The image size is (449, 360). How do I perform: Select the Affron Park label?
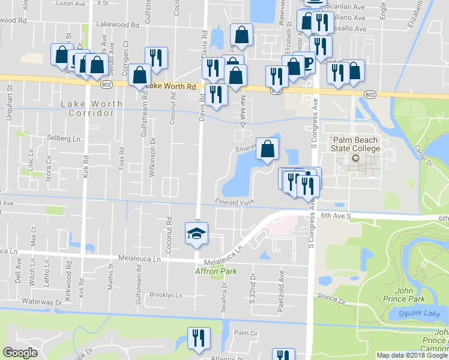coord(215,271)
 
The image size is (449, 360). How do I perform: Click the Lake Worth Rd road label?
coord(171,86)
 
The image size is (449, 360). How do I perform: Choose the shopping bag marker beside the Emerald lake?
coord(267,149)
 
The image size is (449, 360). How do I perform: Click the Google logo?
coord(20,353)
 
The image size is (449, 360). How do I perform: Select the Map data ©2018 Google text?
coord(412,355)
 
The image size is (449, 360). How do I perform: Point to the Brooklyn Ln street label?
coord(165,295)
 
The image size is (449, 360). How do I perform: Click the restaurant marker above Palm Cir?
coord(198,338)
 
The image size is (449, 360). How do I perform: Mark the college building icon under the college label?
coord(355,159)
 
